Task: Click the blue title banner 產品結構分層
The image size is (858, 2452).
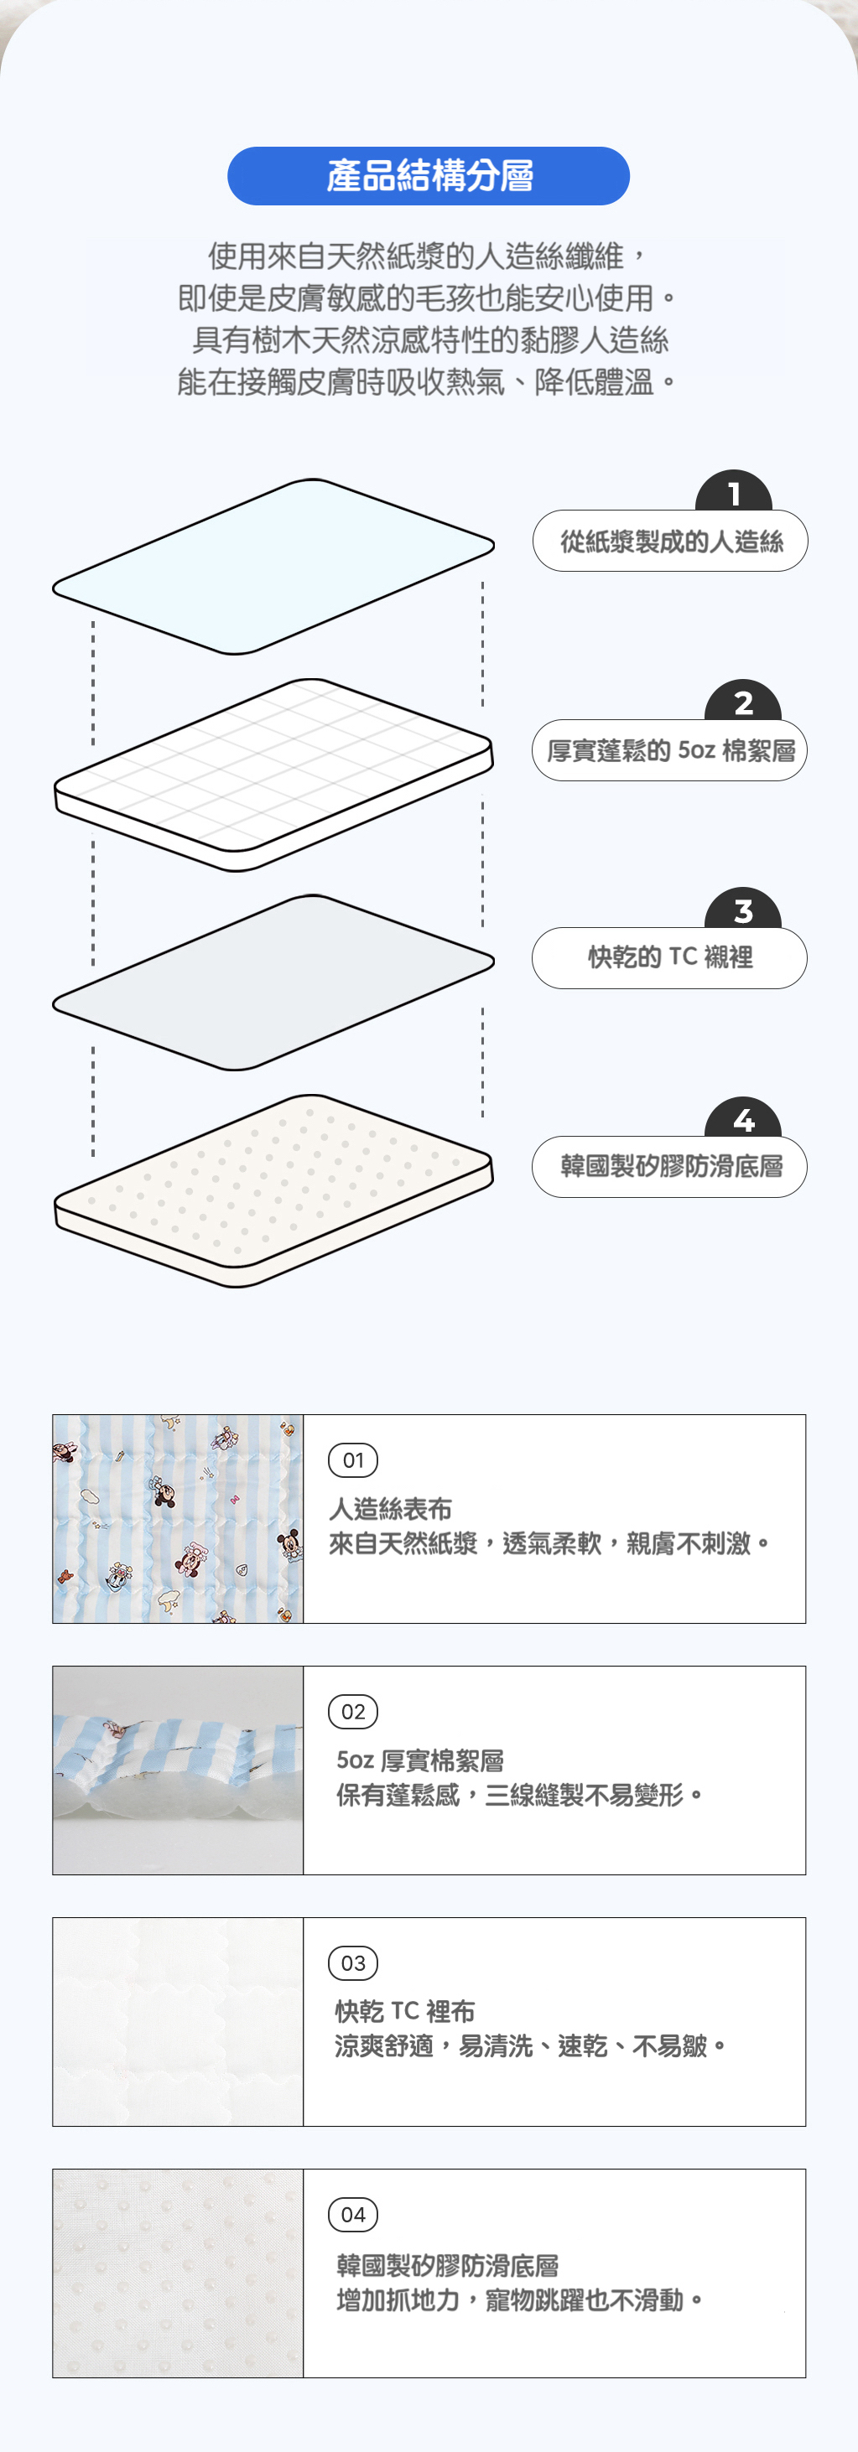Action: [x=429, y=176]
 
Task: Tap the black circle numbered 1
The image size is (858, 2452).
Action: [x=733, y=490]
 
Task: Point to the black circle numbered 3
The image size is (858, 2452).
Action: [x=743, y=908]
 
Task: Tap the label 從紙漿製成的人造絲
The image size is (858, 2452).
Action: [x=670, y=541]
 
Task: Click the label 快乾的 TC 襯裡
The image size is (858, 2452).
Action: [x=669, y=957]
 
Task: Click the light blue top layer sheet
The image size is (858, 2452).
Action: [x=273, y=567]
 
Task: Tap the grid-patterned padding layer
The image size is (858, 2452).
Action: [x=273, y=774]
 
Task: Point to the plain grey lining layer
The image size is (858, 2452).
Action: [x=273, y=982]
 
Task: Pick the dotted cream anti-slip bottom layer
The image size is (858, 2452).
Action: [x=273, y=1190]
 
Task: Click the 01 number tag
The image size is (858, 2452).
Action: [x=353, y=1460]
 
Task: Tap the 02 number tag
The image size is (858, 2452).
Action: [x=353, y=1712]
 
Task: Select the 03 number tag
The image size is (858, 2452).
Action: [x=353, y=1962]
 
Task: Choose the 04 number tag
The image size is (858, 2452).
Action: [x=353, y=2214]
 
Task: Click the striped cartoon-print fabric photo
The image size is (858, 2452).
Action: [x=178, y=1519]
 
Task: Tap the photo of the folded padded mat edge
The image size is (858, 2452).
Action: [x=178, y=1770]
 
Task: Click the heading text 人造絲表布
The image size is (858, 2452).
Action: [x=391, y=1509]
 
